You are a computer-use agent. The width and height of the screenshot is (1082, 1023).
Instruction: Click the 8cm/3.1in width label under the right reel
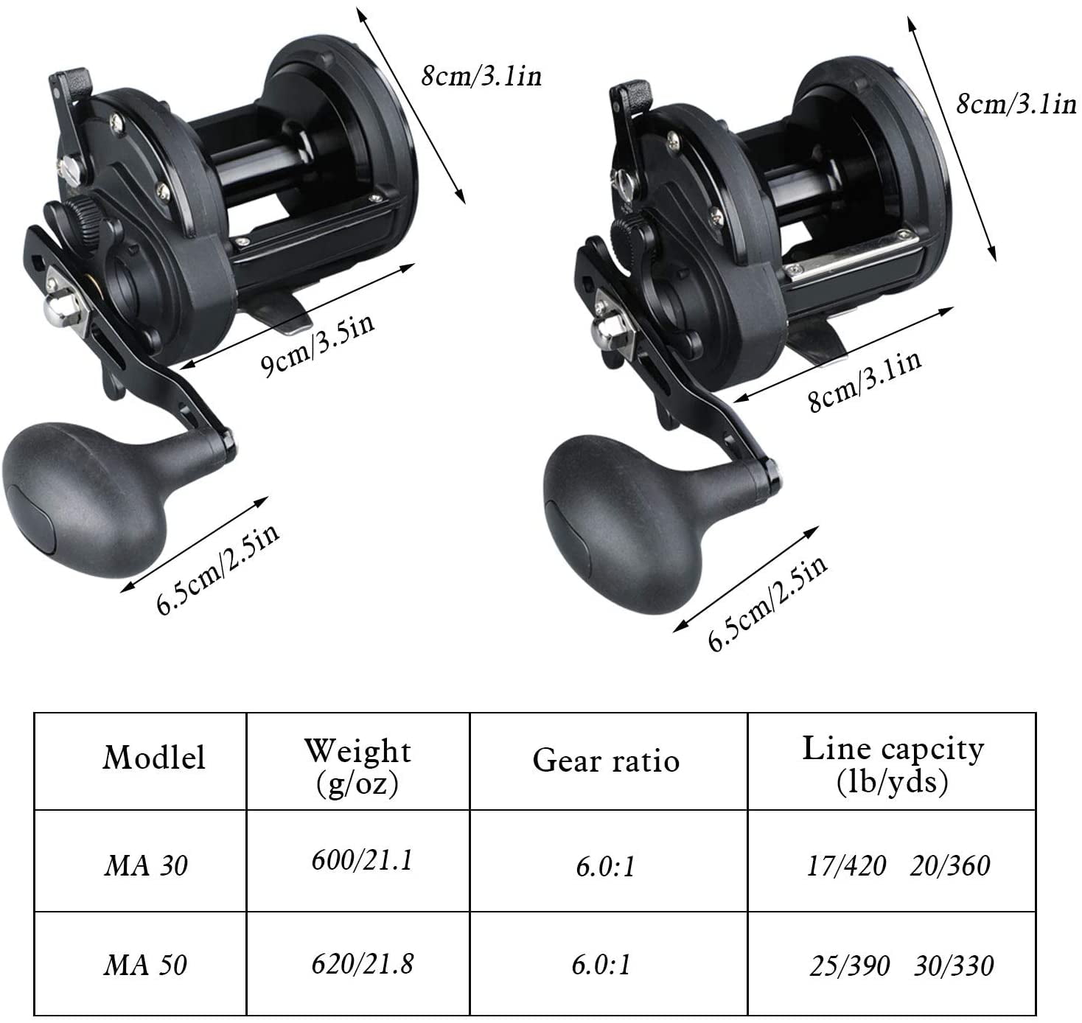pos(865,381)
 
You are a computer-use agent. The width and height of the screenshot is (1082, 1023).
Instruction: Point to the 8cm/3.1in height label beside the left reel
pos(481,76)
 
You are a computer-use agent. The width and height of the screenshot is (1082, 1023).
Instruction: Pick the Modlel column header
pos(153,758)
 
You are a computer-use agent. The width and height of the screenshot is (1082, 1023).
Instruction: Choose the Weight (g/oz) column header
pos(357,766)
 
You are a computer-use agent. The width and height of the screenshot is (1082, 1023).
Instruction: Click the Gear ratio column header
pos(606,761)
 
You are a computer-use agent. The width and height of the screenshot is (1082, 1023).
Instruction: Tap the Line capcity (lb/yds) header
pos(893,764)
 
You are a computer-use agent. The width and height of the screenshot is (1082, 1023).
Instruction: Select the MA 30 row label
pos(146,865)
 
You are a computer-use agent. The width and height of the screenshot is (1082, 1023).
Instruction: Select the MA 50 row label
pos(146,965)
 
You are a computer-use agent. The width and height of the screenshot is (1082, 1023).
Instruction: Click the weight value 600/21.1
pos(361,860)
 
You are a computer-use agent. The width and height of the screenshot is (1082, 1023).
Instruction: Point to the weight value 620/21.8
pos(362,963)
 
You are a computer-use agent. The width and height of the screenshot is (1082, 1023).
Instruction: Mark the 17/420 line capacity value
pos(846,865)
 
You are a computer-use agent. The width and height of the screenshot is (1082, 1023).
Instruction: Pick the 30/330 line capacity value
pos(954,966)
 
